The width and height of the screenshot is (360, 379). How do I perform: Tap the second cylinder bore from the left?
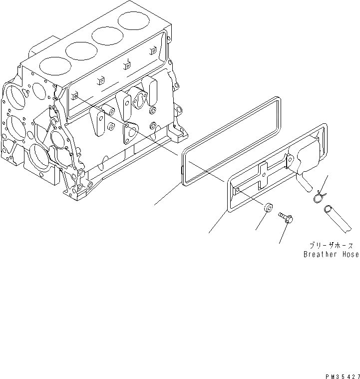(x=80, y=50)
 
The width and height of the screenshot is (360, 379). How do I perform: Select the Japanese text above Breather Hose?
(x=331, y=245)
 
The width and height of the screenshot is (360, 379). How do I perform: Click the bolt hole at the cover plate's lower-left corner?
(x=238, y=190)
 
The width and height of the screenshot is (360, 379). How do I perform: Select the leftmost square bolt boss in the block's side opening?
(x=75, y=96)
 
